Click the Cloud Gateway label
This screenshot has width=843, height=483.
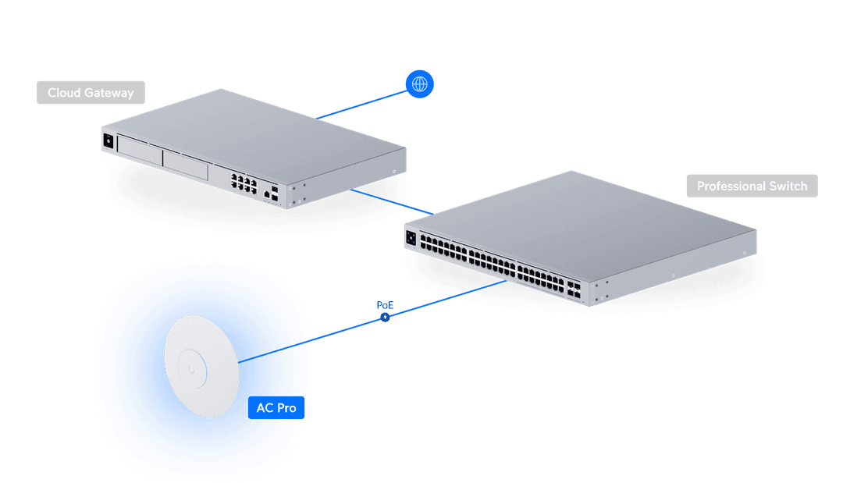pos(91,93)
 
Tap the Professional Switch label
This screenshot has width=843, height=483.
pos(752,186)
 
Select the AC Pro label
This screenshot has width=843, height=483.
pos(276,408)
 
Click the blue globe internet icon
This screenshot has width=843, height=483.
pos(420,83)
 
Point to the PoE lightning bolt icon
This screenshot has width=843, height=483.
pos(384,318)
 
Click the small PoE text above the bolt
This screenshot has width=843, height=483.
pos(384,305)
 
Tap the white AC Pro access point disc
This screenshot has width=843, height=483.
pos(201,364)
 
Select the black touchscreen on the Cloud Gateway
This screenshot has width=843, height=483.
pos(108,140)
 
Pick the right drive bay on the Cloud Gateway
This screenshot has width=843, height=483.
pos(185,162)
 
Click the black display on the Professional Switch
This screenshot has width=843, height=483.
pos(411,236)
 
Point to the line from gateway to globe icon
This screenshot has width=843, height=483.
pos(363,103)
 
